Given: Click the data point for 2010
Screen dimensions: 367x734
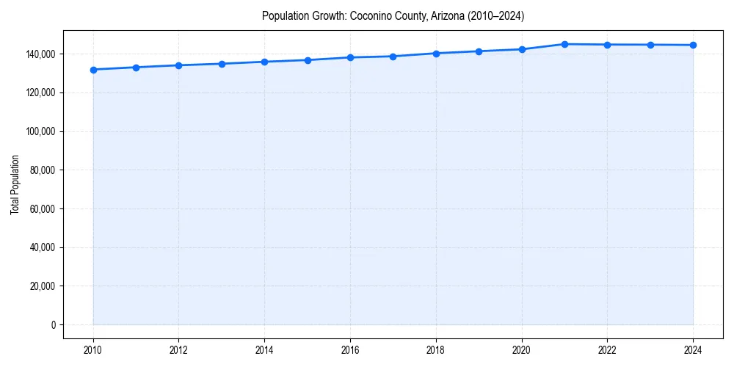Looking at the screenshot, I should click(93, 70).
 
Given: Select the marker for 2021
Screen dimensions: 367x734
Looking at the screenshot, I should click(564, 44).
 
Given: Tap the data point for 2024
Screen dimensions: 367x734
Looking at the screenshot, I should click(693, 45).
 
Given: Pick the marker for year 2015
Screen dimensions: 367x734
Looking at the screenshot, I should click(308, 60).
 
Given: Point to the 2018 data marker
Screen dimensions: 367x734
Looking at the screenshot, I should click(436, 54).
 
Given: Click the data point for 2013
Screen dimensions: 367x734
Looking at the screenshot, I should click(222, 64).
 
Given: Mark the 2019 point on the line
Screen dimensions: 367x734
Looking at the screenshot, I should click(479, 51).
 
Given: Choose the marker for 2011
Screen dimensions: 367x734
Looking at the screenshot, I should click(136, 68).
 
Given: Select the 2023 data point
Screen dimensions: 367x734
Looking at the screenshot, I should click(650, 45).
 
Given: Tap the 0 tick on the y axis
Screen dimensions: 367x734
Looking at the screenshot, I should click(54, 324).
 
